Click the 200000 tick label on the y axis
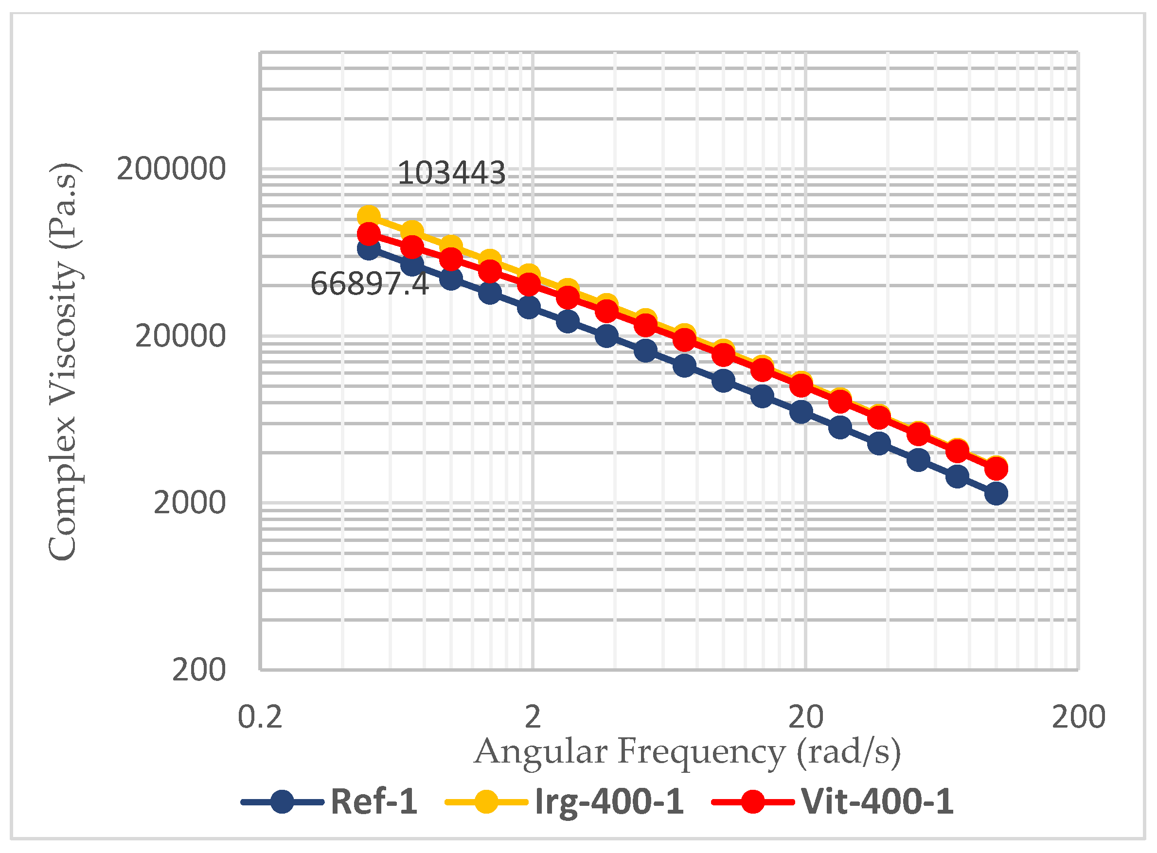(x=171, y=169)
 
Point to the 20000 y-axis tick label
(x=180, y=336)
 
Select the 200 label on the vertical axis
(x=199, y=670)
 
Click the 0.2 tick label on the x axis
(x=260, y=718)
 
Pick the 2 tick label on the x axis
(x=533, y=718)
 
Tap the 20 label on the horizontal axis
(x=805, y=718)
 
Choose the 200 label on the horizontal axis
(x=1078, y=718)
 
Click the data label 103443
(x=451, y=173)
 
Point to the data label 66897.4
(x=369, y=284)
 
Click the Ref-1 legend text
(x=374, y=802)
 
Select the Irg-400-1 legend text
(x=609, y=802)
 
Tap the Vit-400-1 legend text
(x=877, y=802)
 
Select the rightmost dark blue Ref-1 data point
(x=997, y=494)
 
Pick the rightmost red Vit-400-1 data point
(x=997, y=470)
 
